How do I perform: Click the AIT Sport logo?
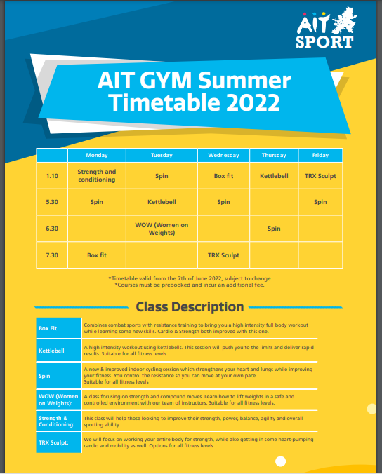click(x=326, y=28)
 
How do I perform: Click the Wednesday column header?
click(x=223, y=155)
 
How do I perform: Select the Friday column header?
click(x=320, y=155)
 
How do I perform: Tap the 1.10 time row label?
click(x=52, y=176)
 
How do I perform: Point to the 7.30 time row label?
click(x=52, y=255)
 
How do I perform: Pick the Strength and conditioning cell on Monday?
click(x=97, y=175)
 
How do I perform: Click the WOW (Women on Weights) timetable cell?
click(x=162, y=229)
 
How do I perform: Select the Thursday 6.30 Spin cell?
click(x=274, y=229)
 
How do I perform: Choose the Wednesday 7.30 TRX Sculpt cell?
click(x=223, y=255)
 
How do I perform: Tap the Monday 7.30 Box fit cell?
click(x=97, y=255)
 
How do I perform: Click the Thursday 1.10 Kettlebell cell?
click(x=274, y=176)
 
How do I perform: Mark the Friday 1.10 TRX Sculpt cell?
click(x=320, y=176)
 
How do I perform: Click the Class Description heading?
click(x=190, y=307)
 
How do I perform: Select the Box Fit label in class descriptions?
click(x=48, y=328)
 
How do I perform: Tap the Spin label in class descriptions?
click(x=44, y=376)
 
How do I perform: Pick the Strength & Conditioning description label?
click(x=57, y=421)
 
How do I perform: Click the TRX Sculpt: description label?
click(x=53, y=442)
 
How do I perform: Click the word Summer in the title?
click(x=244, y=81)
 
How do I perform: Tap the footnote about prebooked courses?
click(x=190, y=285)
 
